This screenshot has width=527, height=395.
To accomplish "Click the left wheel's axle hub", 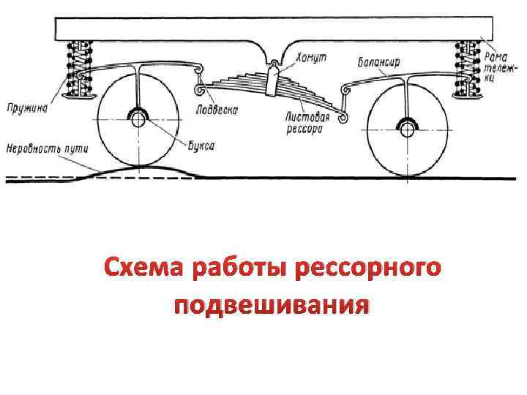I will pos(137,118).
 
